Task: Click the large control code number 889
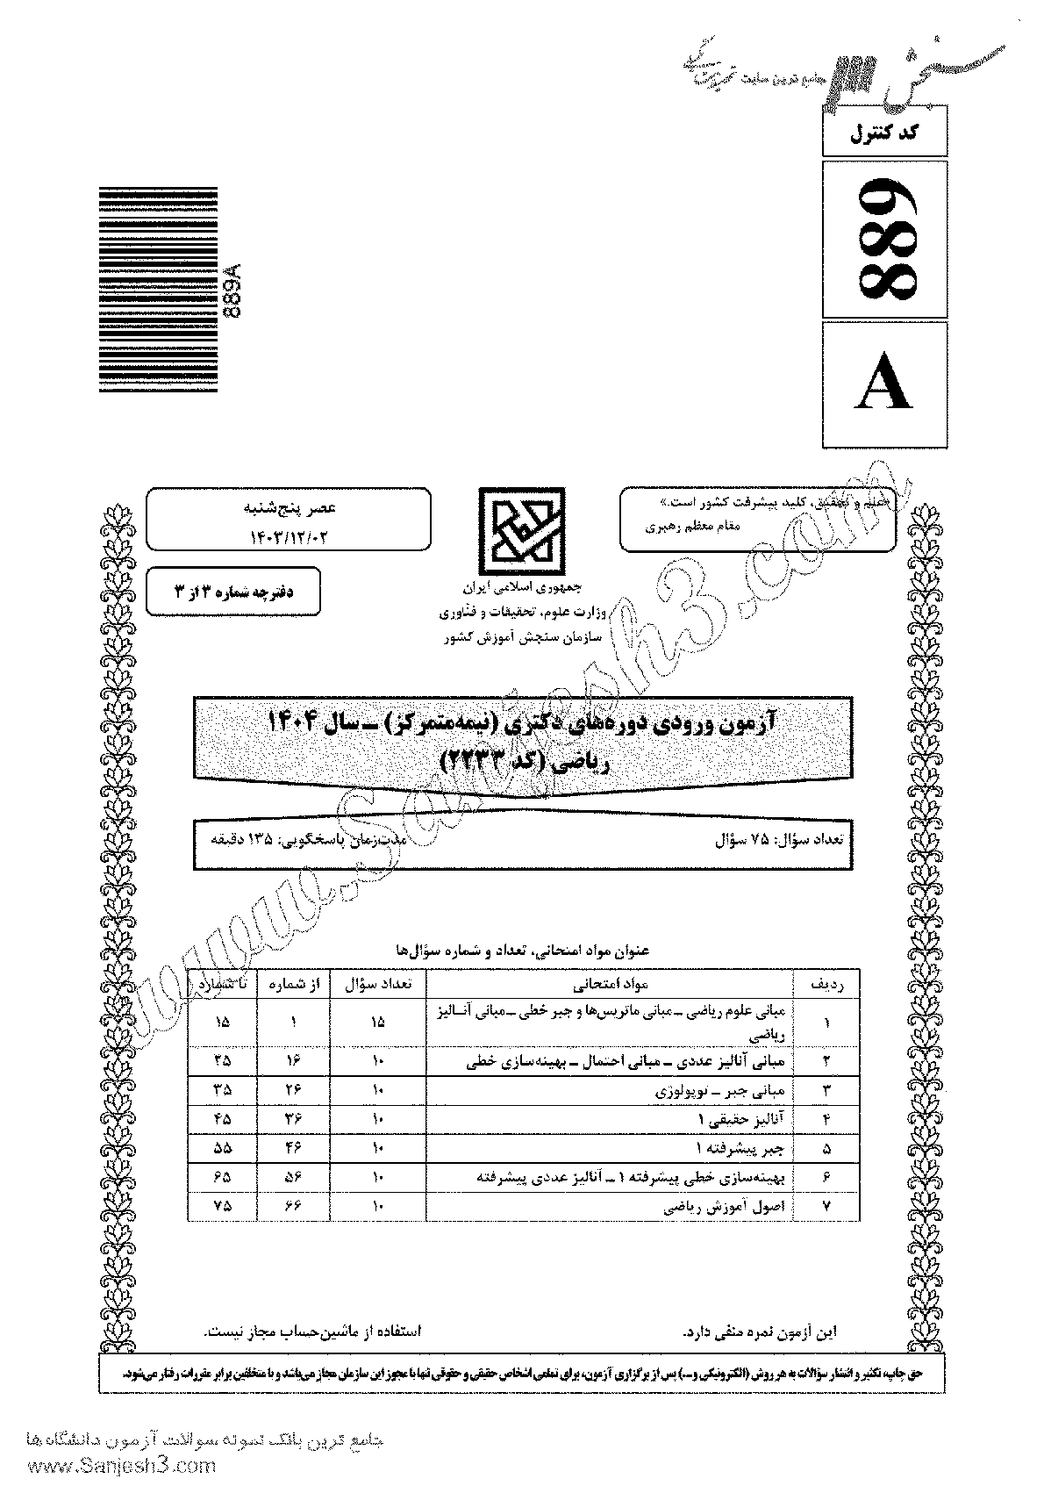tap(886, 239)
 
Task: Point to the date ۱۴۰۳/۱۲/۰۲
tap(289, 535)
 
